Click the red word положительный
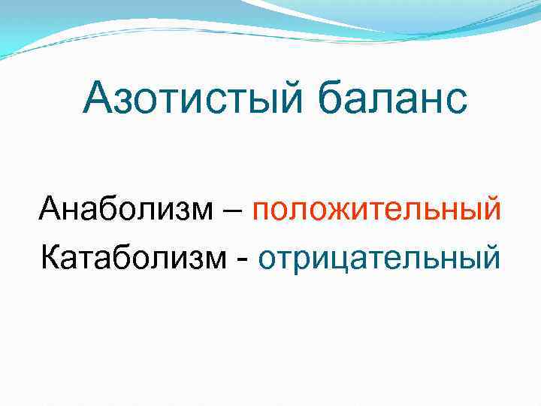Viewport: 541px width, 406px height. (x=376, y=209)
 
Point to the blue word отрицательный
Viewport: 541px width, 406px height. (x=379, y=257)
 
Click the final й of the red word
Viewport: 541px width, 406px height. (x=490, y=209)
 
